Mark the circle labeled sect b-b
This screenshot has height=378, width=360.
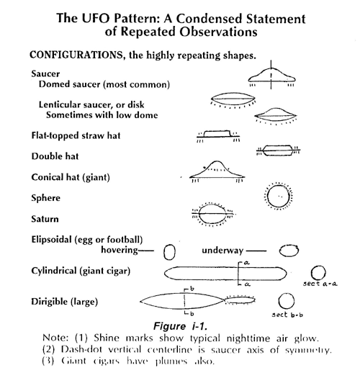[x=287, y=301]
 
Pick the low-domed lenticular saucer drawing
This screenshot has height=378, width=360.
[x=271, y=114]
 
